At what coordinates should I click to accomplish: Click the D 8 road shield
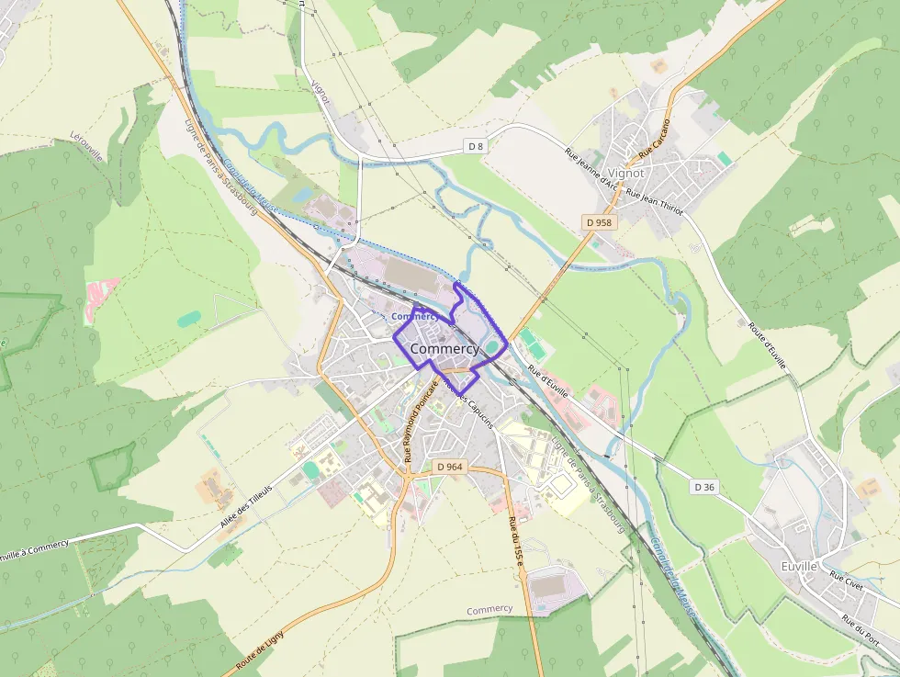[x=475, y=146]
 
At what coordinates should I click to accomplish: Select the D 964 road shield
[x=450, y=467]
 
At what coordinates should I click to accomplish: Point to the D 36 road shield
[x=704, y=487]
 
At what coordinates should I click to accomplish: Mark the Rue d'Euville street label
[x=548, y=383]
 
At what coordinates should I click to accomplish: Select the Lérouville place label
[x=89, y=148]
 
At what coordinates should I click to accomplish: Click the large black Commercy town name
[x=444, y=349]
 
